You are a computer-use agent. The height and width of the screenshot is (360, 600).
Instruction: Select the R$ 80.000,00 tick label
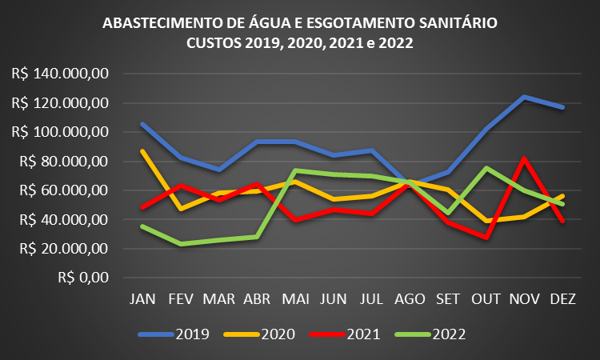(x=63, y=162)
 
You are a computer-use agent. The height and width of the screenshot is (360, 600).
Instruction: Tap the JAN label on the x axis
(x=142, y=298)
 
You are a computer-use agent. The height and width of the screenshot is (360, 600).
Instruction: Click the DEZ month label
(x=562, y=298)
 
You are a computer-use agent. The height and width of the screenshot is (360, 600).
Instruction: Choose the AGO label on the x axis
(x=410, y=298)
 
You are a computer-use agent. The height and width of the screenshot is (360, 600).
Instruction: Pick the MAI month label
(x=295, y=298)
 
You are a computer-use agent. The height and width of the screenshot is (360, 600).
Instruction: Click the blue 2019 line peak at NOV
(x=524, y=97)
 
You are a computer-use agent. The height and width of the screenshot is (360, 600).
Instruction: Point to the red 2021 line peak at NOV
(x=524, y=158)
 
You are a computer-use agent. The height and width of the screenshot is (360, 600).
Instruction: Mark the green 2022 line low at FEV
(x=181, y=244)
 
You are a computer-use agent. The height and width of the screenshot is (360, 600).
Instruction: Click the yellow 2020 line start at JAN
(x=142, y=151)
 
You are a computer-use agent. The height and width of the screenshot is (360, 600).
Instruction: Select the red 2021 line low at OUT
(x=486, y=237)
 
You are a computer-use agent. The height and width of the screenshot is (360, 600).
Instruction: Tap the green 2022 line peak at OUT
(x=486, y=168)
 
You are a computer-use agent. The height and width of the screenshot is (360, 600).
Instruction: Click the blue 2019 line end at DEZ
(x=562, y=106)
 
